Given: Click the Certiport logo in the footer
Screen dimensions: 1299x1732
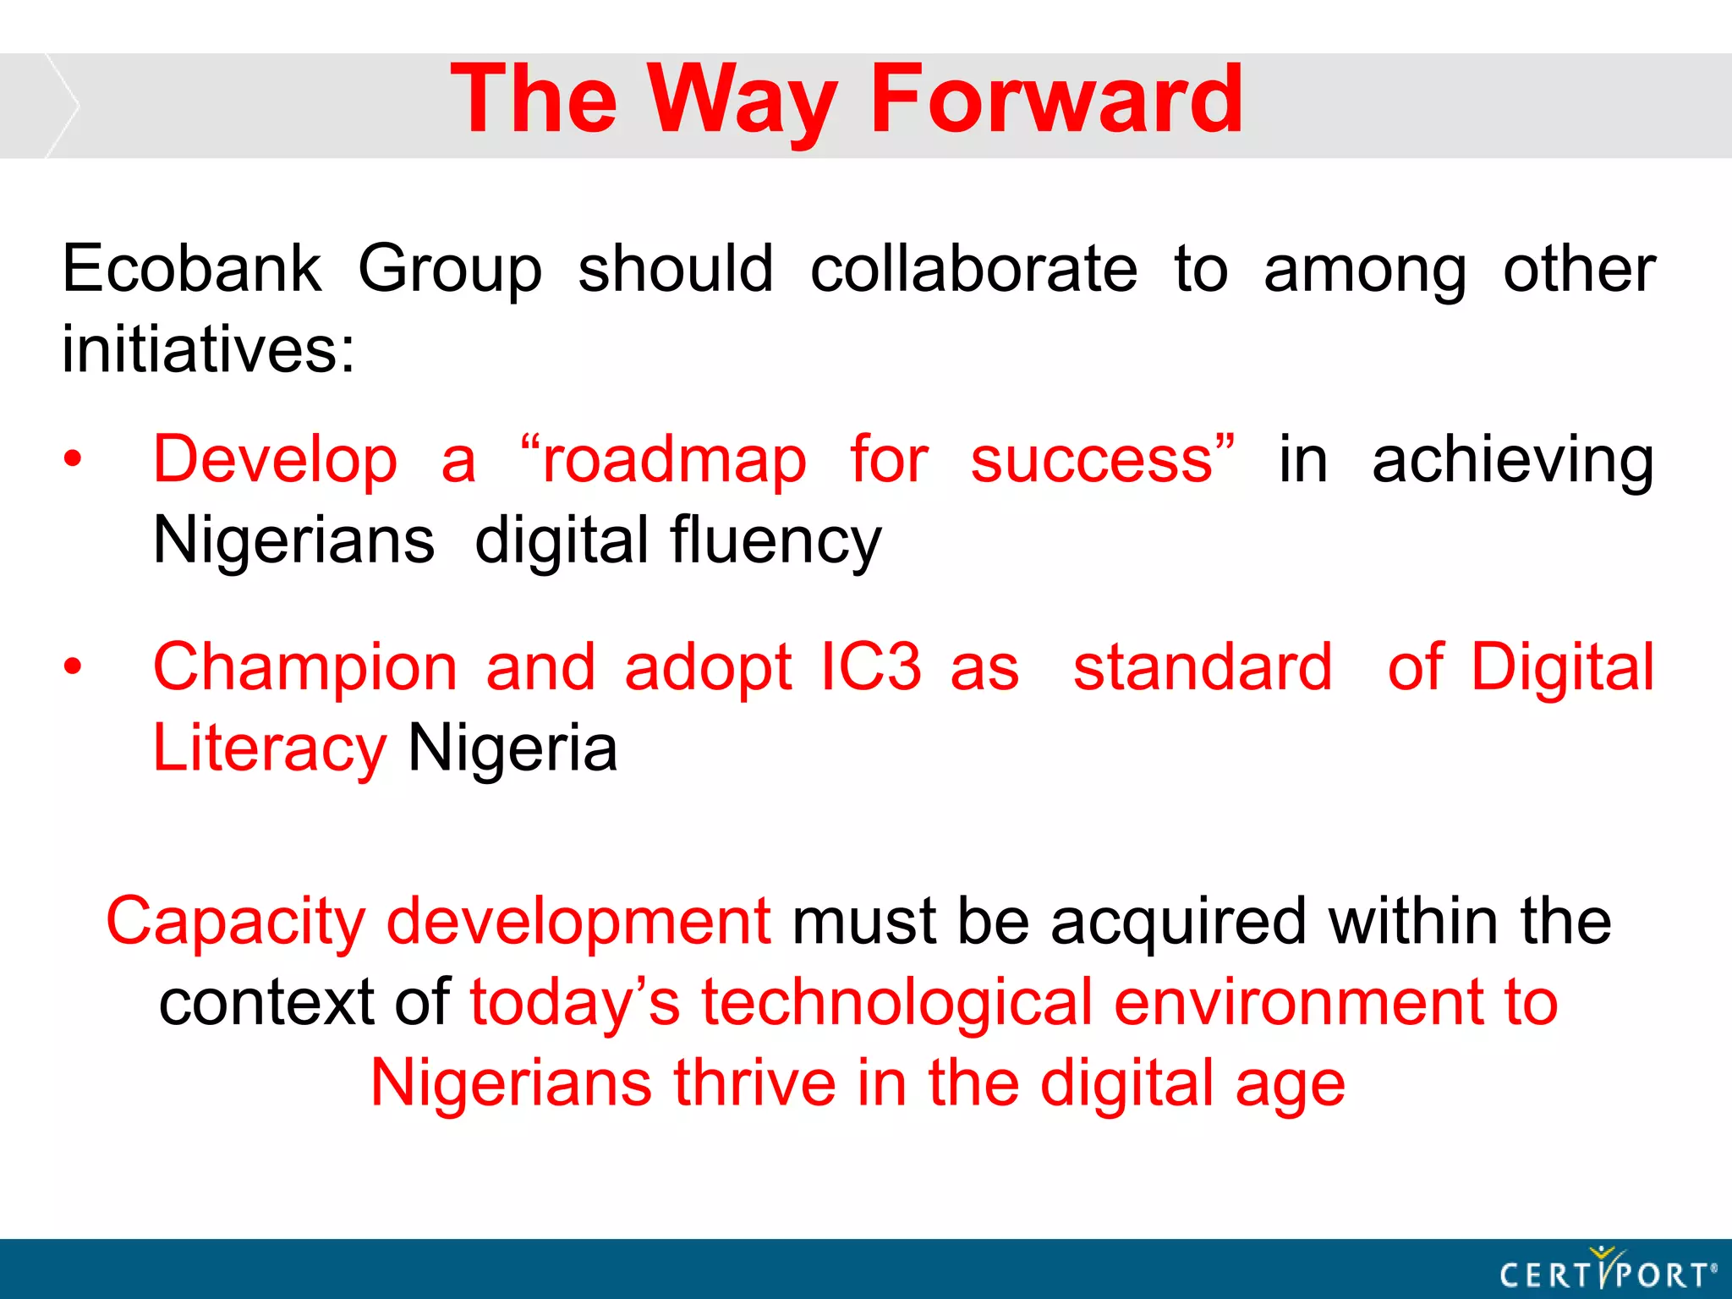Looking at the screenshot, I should click(1607, 1270).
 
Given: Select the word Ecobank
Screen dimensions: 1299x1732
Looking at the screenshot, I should click(192, 269).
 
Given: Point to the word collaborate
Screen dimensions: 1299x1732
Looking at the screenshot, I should click(973, 269).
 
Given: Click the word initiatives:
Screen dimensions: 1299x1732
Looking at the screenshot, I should click(208, 349).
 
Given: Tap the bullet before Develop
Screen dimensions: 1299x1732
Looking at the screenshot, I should click(74, 459).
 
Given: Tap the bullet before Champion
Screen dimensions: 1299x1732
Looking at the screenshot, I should click(74, 666).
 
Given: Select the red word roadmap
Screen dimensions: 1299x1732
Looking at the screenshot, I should click(673, 461).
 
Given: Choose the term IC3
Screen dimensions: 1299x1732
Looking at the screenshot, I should click(871, 667).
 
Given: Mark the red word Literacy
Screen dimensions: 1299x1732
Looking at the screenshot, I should click(269, 750).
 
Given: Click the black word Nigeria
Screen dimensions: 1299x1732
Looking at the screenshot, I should click(512, 748).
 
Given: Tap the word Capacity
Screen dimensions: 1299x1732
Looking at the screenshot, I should click(236, 922).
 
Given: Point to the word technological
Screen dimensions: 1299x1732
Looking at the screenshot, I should click(897, 1003).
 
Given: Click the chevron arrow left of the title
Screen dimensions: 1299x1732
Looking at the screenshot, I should click(62, 105).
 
